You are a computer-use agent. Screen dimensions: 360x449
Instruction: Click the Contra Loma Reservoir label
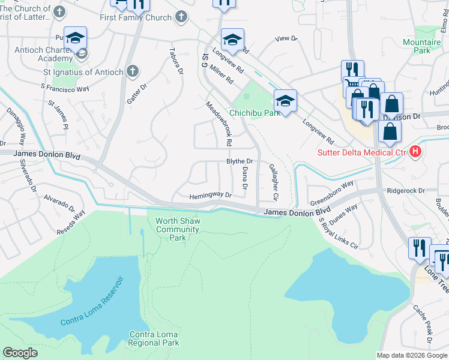(92, 301)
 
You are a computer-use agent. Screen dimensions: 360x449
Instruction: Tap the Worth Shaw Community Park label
(178, 229)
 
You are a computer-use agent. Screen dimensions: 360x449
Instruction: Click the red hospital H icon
(415, 152)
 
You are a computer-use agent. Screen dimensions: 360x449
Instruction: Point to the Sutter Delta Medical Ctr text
(362, 152)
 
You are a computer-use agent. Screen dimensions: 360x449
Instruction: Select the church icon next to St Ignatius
(133, 72)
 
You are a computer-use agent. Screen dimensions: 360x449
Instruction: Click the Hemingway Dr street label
(210, 196)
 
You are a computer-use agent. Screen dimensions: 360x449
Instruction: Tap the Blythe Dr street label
(240, 161)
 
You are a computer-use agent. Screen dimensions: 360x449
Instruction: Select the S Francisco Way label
(65, 88)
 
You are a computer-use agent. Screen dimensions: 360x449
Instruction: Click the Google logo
(20, 352)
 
